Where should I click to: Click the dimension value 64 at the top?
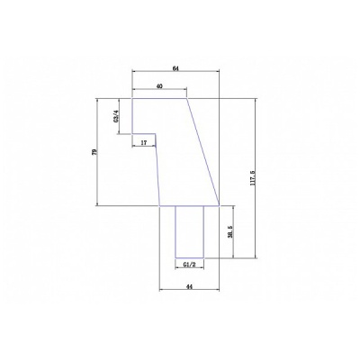click(175, 68)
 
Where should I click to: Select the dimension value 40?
click(159, 86)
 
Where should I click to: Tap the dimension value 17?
click(144, 143)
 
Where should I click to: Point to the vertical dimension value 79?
click(94, 152)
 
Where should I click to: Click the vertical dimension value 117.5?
click(252, 177)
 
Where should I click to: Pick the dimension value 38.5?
click(230, 231)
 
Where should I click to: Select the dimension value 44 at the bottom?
click(189, 287)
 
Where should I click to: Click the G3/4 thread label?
click(116, 116)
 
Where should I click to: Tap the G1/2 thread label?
click(190, 265)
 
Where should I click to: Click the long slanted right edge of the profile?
click(203, 152)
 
